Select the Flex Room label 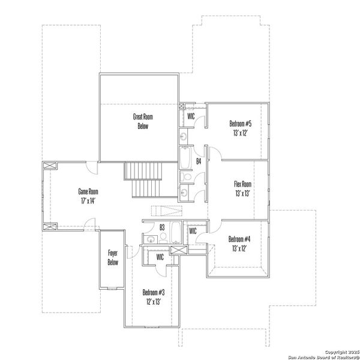point(242,184)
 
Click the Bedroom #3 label point(154,292)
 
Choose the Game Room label point(88,191)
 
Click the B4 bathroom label point(198,161)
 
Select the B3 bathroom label point(162,227)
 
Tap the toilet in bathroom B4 point(186,178)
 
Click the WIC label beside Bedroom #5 point(191,116)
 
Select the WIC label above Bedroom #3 point(160,257)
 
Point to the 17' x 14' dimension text point(88,200)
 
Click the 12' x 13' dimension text point(154,301)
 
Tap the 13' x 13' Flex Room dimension point(242,193)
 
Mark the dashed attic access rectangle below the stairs point(165,209)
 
